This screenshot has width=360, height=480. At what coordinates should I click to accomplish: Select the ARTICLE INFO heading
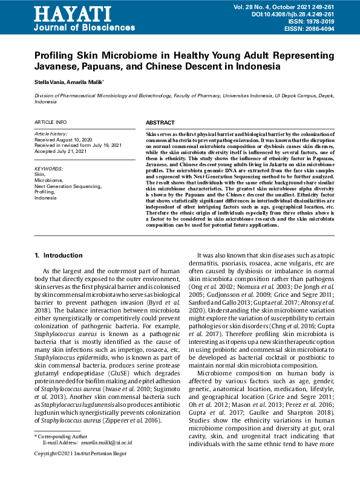tap(51, 123)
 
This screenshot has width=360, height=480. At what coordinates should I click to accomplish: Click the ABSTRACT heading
tap(160, 123)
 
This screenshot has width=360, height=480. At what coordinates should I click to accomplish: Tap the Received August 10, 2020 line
tap(63, 139)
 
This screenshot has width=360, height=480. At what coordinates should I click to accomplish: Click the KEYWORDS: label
tap(48, 169)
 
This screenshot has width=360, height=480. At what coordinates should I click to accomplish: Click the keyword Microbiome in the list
tap(48, 180)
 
